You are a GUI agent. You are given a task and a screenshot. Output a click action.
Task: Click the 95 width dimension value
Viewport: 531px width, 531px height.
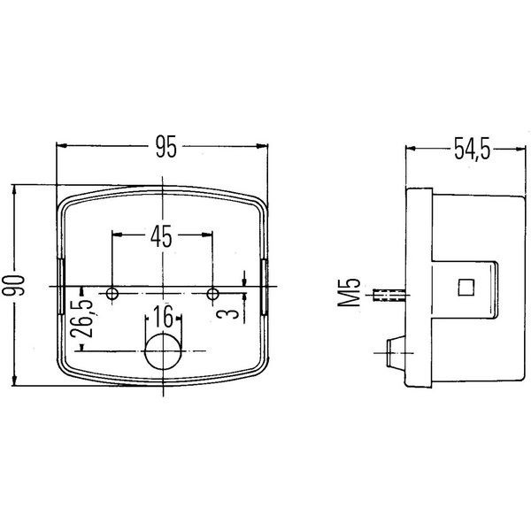tap(166, 147)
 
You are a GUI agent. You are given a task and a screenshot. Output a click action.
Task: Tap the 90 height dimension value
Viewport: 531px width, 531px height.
tap(14, 285)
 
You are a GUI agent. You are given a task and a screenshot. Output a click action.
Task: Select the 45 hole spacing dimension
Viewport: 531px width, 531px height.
tap(161, 236)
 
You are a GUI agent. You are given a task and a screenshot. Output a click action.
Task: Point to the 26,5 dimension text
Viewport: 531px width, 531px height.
tap(82, 319)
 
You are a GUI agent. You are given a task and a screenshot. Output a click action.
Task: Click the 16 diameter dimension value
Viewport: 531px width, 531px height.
tap(164, 316)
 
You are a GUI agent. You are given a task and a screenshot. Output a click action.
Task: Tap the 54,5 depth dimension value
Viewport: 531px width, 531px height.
tap(472, 149)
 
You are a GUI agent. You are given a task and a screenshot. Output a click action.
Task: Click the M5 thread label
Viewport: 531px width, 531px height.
tap(349, 293)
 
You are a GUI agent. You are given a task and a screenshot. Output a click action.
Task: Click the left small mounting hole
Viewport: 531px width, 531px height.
tap(112, 293)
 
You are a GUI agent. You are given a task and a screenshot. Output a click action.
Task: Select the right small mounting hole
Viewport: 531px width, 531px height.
tap(212, 294)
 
